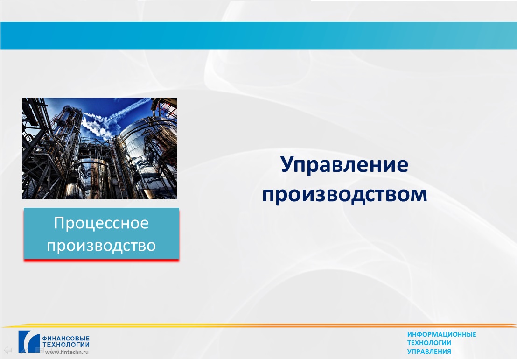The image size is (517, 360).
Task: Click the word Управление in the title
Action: click(344, 165)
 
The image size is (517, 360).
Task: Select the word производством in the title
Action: click(344, 194)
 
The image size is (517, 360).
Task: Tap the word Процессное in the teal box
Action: click(101, 223)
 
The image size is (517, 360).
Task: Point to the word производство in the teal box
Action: click(101, 246)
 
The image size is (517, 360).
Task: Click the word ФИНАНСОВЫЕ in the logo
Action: click(66, 339)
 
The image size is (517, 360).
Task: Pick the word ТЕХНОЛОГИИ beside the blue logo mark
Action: click(66, 345)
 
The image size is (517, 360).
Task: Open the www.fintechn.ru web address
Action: click(67, 352)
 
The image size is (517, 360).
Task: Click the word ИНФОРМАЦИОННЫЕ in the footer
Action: click(441, 335)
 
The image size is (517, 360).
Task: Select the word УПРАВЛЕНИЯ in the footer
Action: click(429, 352)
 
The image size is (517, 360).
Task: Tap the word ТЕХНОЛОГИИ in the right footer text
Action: click(429, 343)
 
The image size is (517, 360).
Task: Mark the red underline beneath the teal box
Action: click(101, 261)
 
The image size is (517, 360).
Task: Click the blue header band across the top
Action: click(258, 35)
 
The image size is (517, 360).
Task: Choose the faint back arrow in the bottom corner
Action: click(7, 350)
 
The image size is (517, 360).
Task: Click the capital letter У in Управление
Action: click(288, 165)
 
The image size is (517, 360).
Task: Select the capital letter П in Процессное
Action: click(60, 223)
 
